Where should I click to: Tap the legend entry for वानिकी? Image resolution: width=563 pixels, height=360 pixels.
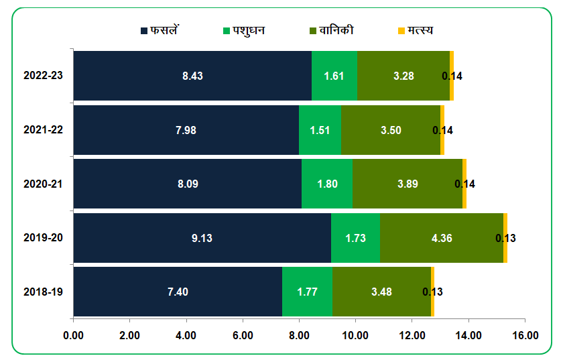coord(332,31)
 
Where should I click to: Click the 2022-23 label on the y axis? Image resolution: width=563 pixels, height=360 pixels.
coord(43,76)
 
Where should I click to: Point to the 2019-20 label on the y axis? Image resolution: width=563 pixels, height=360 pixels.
coord(43,238)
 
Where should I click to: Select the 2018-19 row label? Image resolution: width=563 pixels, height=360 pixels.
coord(43,292)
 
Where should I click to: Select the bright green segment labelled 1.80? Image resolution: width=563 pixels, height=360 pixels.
coord(327,184)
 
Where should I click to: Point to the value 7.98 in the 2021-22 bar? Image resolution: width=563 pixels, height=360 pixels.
coord(186,130)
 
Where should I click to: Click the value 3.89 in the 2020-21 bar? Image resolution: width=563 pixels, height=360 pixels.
coord(408,184)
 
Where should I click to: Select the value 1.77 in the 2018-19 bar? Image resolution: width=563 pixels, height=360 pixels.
coord(307,292)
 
